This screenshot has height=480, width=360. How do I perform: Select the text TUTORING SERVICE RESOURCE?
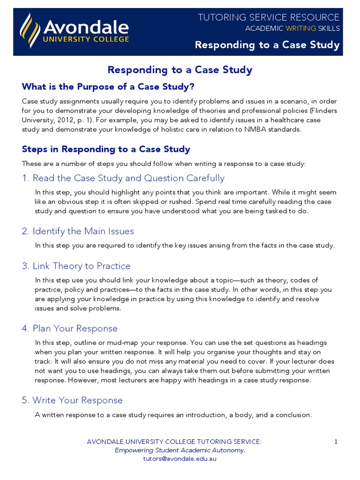[269, 17]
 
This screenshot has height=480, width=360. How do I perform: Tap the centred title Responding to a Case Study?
[180, 70]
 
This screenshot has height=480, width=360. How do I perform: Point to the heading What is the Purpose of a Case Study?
[108, 87]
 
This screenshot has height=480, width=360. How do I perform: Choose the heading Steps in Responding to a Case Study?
[106, 149]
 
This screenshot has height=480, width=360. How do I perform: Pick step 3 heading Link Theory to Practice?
[76, 266]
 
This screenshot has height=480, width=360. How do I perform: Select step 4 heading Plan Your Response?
[69, 328]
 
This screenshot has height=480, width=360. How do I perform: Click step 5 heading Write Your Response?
[72, 400]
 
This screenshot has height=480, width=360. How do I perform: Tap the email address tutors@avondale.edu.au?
[180, 459]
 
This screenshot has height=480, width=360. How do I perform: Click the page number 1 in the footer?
[336, 442]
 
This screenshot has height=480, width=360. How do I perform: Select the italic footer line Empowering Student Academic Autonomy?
[180, 450]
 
